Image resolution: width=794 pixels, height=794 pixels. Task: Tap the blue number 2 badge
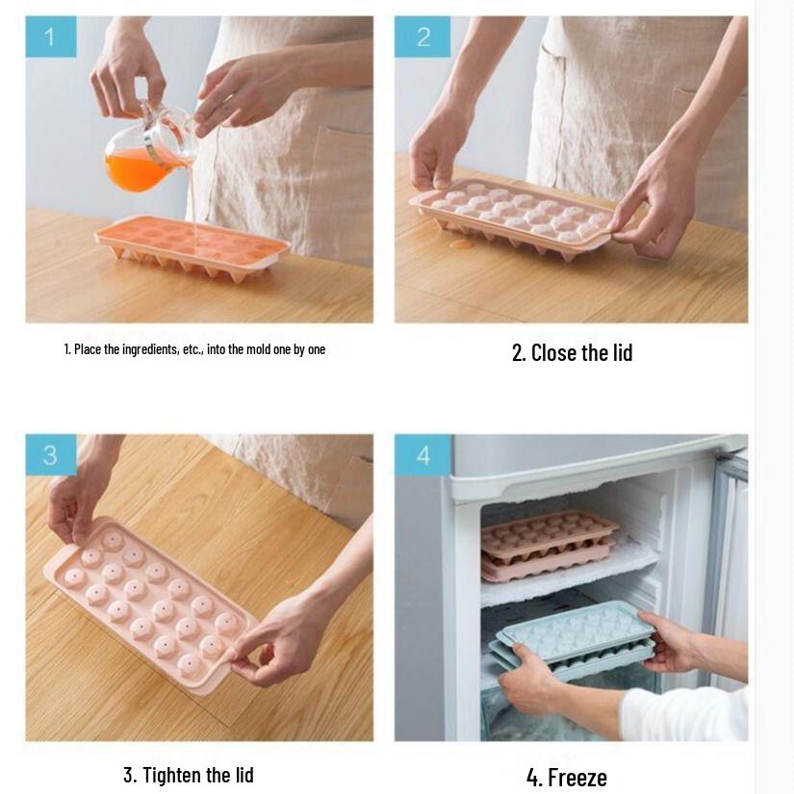click(x=423, y=38)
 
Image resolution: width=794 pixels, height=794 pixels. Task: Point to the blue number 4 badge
click(x=423, y=455)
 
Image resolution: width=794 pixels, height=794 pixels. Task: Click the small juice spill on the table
click(x=462, y=244)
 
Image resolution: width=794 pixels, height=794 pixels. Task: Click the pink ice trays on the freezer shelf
click(x=549, y=544)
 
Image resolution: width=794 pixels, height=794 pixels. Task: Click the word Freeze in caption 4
click(x=577, y=777)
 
